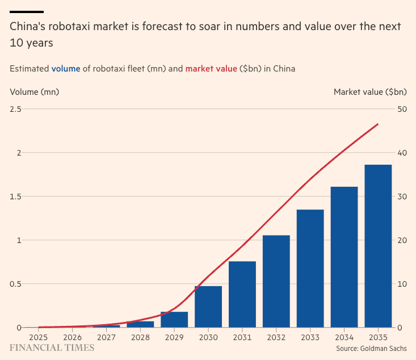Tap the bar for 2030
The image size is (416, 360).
[x=208, y=307]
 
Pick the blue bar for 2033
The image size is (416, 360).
[x=310, y=269]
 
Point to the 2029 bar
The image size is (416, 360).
[x=174, y=320]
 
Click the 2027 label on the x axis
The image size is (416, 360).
[x=106, y=337]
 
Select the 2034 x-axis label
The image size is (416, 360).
[x=344, y=337]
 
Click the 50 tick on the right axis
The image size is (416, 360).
[x=402, y=109]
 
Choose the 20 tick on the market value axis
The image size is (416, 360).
[x=402, y=240]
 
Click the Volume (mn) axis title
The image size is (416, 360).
[x=34, y=91]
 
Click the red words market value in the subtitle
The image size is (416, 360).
[x=211, y=69]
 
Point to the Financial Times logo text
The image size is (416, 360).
[x=52, y=348]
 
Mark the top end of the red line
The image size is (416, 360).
[x=377, y=124]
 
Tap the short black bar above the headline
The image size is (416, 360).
[x=27, y=11]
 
